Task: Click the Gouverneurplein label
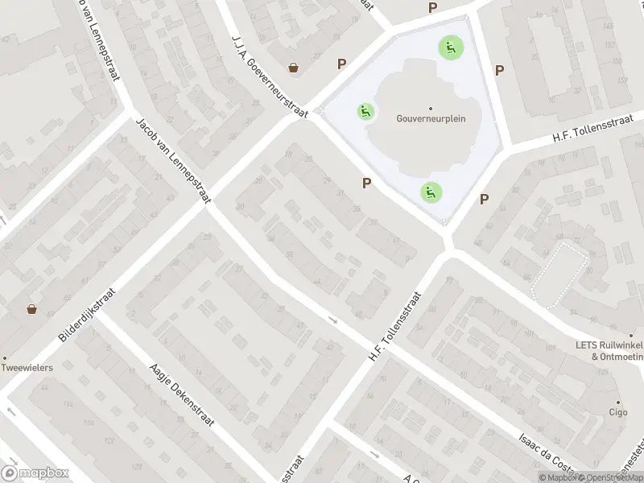(x=431, y=118)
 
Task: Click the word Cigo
(x=618, y=411)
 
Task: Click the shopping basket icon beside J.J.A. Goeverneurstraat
(x=295, y=68)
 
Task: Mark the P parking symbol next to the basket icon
(x=342, y=64)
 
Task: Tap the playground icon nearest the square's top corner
(x=449, y=47)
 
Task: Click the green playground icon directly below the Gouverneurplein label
(x=430, y=192)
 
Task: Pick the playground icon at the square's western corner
(x=366, y=111)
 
